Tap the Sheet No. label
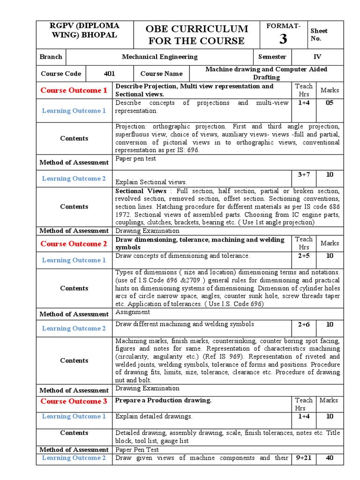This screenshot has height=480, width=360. click(319, 34)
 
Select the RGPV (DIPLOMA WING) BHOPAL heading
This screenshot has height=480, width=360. click(84, 30)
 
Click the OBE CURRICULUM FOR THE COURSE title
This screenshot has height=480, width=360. click(196, 35)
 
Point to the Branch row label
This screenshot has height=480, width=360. click(51, 57)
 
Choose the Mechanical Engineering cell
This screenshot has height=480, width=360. click(159, 57)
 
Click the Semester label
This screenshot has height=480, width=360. click(272, 57)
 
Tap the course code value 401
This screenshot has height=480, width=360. click(109, 74)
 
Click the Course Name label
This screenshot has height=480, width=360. click(161, 74)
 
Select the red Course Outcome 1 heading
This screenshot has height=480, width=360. click(74, 90)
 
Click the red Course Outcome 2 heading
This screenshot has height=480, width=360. click(74, 243)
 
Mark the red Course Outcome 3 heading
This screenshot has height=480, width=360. click(74, 401)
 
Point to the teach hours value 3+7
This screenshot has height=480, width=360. click(303, 174)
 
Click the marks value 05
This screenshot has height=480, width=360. click(330, 103)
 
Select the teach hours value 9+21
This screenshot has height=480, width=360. click(303, 458)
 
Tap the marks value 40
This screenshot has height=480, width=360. click(330, 458)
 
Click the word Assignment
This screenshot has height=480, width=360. click(133, 312)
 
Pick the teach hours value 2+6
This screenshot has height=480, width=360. click(303, 324)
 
